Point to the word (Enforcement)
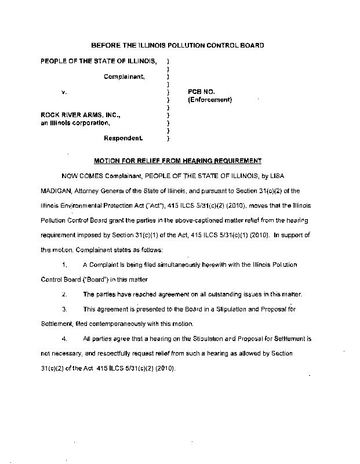click(210, 100)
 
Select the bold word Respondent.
click(123, 138)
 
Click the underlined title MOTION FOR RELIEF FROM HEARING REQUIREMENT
click(177, 160)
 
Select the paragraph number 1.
click(64, 264)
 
